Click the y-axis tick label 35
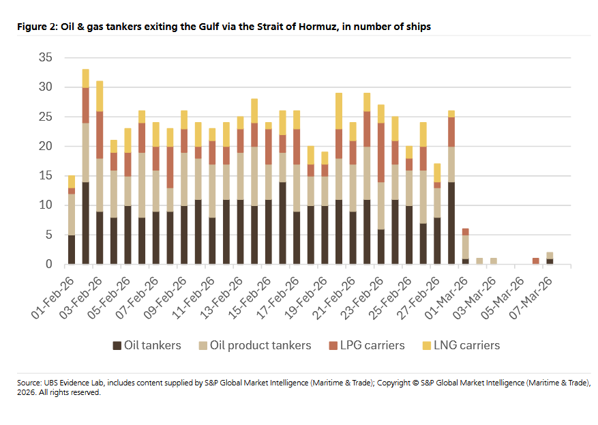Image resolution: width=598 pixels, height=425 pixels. (x=46, y=57)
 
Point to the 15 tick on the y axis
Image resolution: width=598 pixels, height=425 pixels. (x=46, y=175)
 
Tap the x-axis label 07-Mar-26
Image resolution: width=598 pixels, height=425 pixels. (x=533, y=293)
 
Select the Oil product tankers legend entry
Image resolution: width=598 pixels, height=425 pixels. (x=260, y=345)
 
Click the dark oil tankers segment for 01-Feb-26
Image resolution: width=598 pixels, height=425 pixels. (x=72, y=249)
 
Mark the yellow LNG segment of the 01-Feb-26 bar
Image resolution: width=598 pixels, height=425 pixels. (x=72, y=181)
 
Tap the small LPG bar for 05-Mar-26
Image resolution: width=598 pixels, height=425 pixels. (x=535, y=261)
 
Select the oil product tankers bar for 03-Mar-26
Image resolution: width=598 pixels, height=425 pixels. (x=493, y=261)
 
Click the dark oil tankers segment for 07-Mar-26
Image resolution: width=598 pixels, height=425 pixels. (x=549, y=261)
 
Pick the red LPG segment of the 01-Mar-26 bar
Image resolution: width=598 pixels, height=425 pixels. (x=464, y=231)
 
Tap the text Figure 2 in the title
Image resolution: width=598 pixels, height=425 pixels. (x=36, y=26)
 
